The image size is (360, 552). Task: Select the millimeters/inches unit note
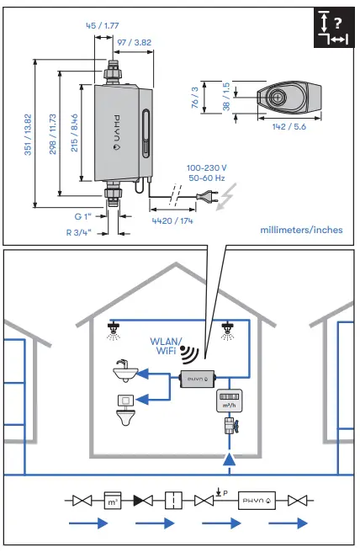click(x=301, y=229)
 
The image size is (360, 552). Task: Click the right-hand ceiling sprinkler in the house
click(x=226, y=330)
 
